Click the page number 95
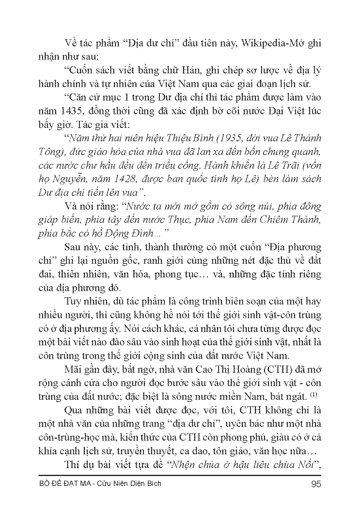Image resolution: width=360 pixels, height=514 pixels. pyautogui.click(x=316, y=484)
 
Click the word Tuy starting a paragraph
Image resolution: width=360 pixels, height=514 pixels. pyautogui.click(x=73, y=302)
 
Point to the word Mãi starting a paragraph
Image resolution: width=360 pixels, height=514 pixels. pyautogui.click(x=74, y=369)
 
